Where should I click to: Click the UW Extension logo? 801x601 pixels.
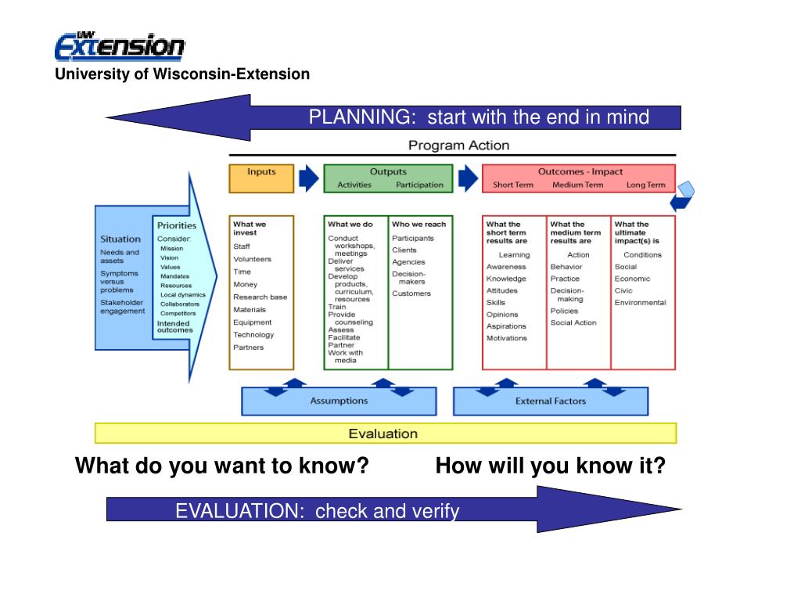coord(120,46)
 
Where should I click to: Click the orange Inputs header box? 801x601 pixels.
coord(261,178)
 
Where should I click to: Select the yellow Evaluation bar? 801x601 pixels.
coord(385,434)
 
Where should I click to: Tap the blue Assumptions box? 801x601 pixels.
coord(339,401)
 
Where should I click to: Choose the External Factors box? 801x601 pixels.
coord(551,401)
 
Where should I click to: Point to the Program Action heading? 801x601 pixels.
coord(458,145)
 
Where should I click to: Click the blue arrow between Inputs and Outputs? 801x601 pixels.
coord(310,178)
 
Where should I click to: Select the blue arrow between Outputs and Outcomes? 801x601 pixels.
coord(467,178)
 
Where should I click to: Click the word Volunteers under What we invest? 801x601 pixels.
coord(252,259)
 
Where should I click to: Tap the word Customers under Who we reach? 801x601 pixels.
coord(411,293)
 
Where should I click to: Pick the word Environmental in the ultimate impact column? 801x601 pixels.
coord(640,303)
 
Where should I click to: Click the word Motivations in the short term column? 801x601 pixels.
coord(507,338)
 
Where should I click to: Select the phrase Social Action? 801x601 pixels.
coord(573,322)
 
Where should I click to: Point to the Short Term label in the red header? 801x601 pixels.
coord(512,185)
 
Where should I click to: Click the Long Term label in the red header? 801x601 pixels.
coord(645,185)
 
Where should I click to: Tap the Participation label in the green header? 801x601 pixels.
coord(419,185)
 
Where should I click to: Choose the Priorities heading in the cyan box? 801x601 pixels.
coord(176,225)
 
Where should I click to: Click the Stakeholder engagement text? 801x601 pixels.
coord(122,306)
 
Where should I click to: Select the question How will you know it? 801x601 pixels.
coord(551,466)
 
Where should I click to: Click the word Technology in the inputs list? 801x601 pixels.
coord(253,335)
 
